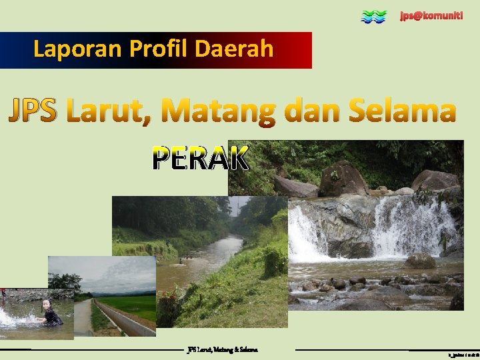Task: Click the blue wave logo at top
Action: click(x=373, y=17)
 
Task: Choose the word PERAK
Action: click(x=201, y=159)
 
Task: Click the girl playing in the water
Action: click(x=49, y=313)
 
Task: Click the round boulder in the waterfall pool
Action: click(x=420, y=261)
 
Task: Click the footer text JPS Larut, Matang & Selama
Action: click(x=223, y=349)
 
